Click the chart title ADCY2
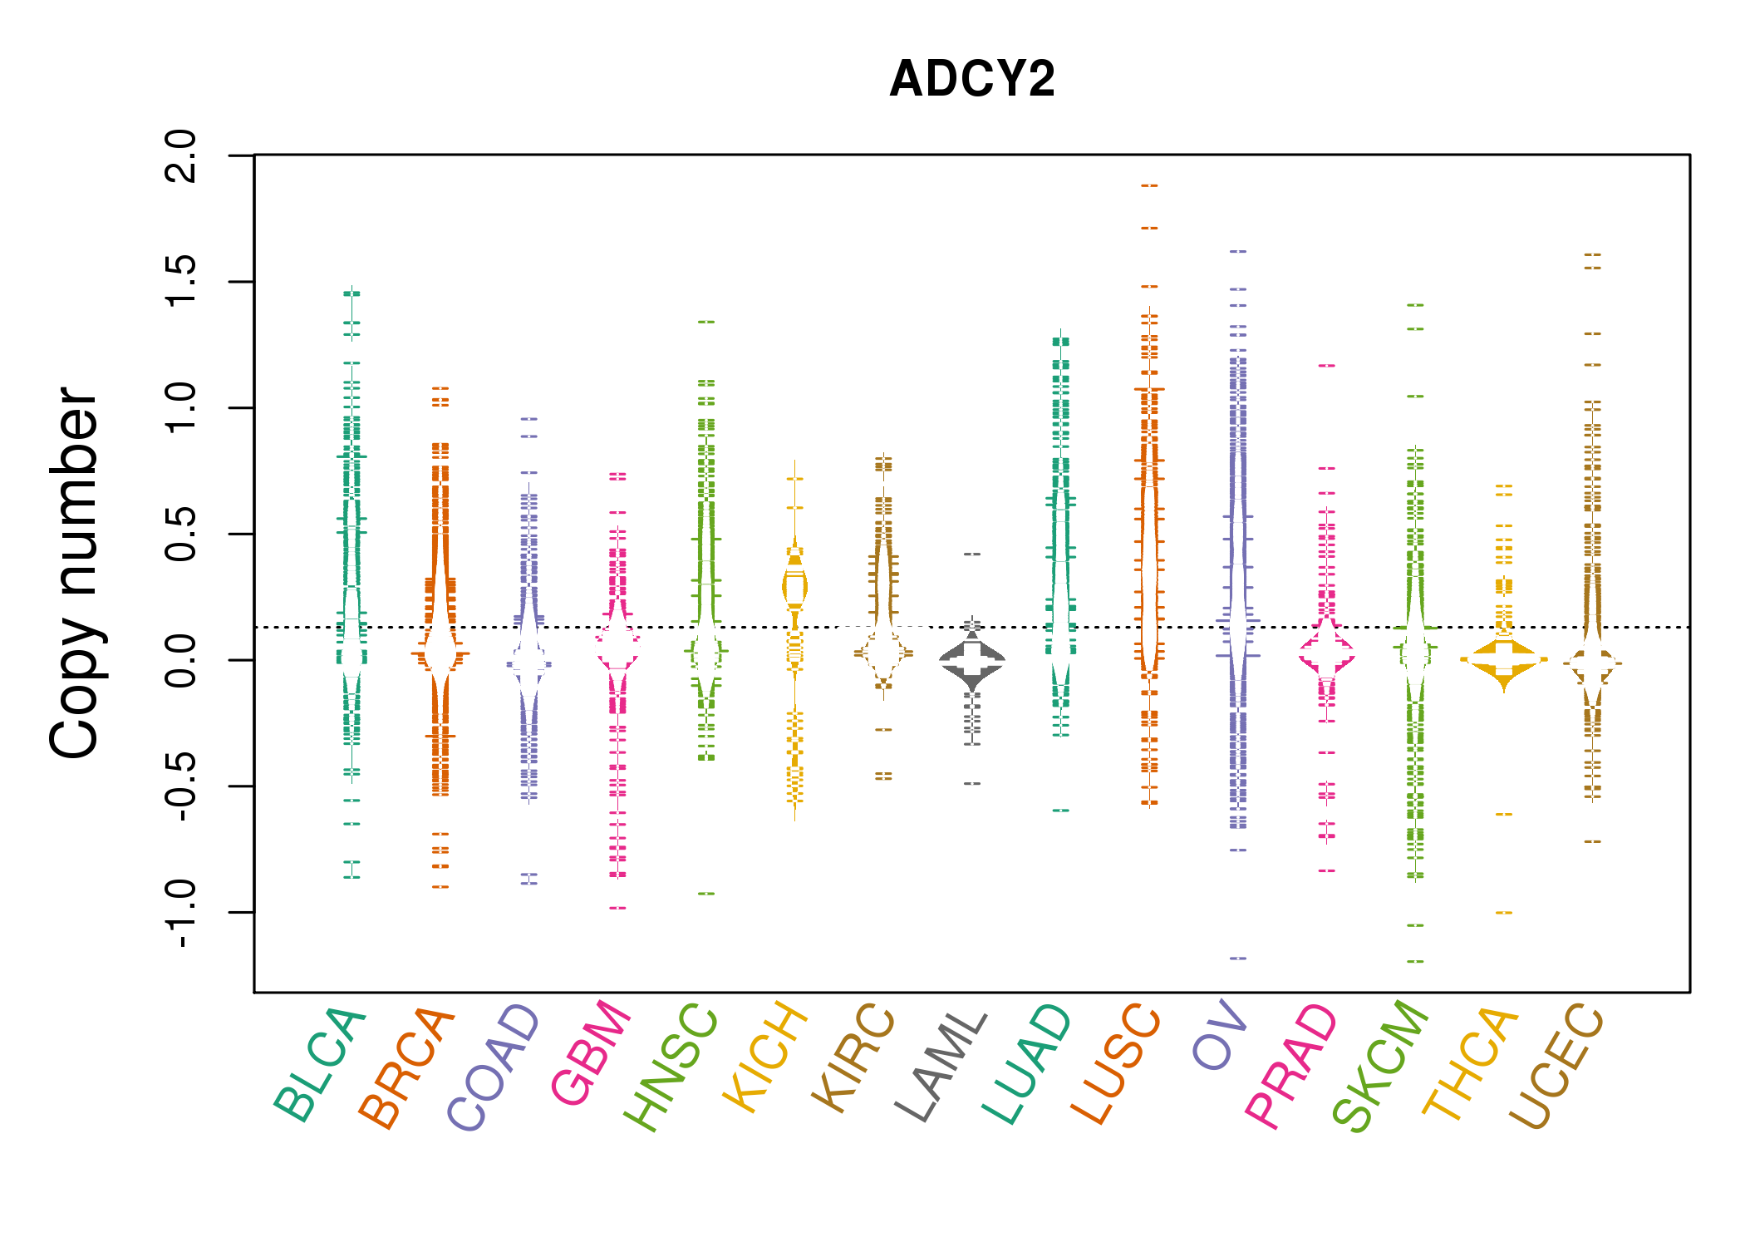click(x=971, y=79)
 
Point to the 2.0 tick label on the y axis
click(x=181, y=155)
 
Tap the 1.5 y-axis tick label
click(x=181, y=282)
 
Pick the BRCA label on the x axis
click(x=407, y=1067)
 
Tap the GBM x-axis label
click(x=591, y=1054)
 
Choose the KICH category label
click(x=765, y=1057)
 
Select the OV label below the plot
click(x=1219, y=1036)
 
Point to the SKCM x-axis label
click(x=1380, y=1066)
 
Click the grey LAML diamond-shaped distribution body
click(x=972, y=661)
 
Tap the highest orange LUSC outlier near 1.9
click(x=1149, y=185)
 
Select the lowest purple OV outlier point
click(x=1238, y=959)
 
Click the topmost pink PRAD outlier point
click(x=1327, y=366)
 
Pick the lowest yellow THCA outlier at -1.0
click(x=1504, y=913)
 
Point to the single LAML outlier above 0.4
click(x=972, y=554)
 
